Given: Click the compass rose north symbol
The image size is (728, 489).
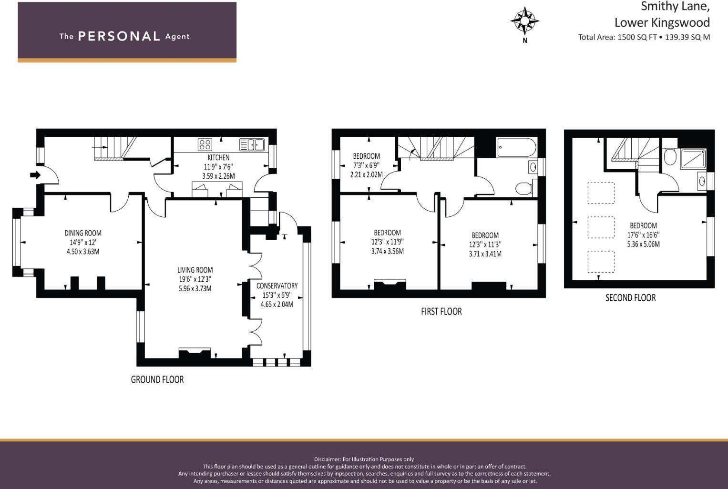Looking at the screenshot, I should pyautogui.click(x=524, y=21).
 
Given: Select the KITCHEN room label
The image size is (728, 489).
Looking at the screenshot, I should pyautogui.click(x=218, y=157).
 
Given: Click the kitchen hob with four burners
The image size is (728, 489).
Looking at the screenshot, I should pyautogui.click(x=205, y=144).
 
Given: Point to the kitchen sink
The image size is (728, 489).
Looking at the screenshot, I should pyautogui.click(x=252, y=144).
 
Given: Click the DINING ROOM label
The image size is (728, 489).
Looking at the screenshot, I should pyautogui.click(x=83, y=233).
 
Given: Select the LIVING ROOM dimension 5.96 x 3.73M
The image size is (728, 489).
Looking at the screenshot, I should pyautogui.click(x=195, y=288).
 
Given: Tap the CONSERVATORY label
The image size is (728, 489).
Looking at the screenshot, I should pyautogui.click(x=277, y=285).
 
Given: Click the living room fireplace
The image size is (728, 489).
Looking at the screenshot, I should pyautogui.click(x=195, y=353).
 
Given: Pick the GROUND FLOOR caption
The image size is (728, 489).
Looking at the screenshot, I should pyautogui.click(x=157, y=379).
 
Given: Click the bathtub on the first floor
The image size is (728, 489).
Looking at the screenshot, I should pyautogui.click(x=516, y=147).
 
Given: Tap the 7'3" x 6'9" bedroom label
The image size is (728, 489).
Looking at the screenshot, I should pyautogui.click(x=366, y=165).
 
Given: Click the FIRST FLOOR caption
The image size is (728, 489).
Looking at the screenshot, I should pyautogui.click(x=441, y=311).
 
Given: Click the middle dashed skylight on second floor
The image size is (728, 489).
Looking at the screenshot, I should pyautogui.click(x=601, y=227).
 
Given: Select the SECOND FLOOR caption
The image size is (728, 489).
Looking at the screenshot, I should pyautogui.click(x=630, y=298).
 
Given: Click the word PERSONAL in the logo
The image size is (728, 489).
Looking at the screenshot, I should pyautogui.click(x=119, y=36).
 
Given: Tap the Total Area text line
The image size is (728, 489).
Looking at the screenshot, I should pyautogui.click(x=644, y=37).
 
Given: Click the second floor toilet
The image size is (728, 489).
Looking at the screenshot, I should pyautogui.click(x=670, y=157).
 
